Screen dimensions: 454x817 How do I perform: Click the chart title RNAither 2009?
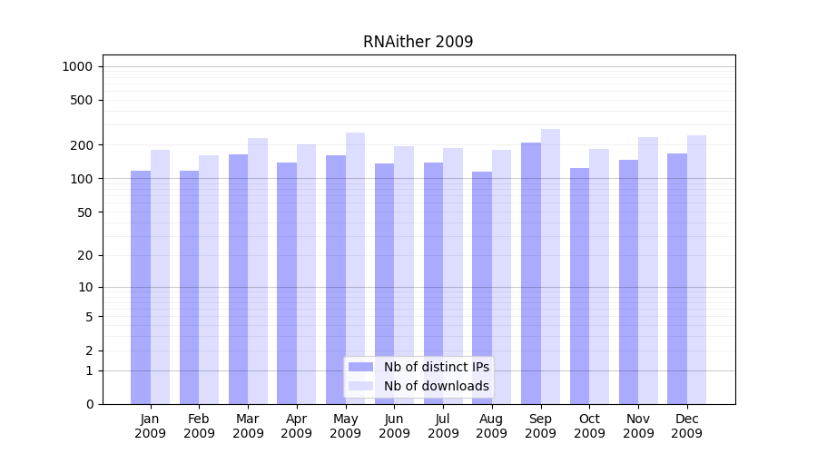pyautogui.click(x=418, y=42)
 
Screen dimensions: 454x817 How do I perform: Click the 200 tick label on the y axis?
pyautogui.click(x=82, y=145)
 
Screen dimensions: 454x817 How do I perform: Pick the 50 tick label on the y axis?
pyautogui.click(x=84, y=212)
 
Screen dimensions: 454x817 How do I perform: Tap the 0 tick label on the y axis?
pyautogui.click(x=89, y=404)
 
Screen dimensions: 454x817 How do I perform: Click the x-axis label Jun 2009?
pyautogui.click(x=394, y=426)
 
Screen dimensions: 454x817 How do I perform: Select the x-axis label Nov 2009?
pyautogui.click(x=638, y=426)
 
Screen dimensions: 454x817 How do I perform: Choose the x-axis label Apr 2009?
pyautogui.click(x=297, y=426)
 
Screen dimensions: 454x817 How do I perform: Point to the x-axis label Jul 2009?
pyautogui.click(x=443, y=426)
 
